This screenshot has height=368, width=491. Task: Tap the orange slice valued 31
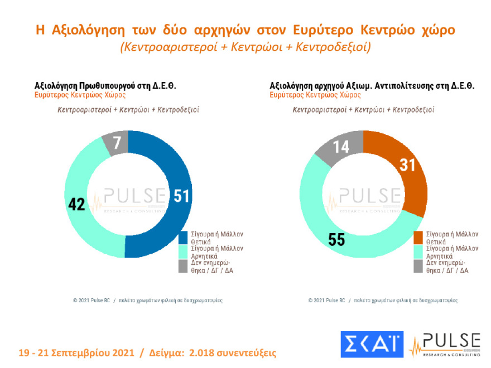(x=407, y=166)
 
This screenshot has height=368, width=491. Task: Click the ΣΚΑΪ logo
(x=372, y=345)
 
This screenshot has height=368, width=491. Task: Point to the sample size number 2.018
(x=206, y=354)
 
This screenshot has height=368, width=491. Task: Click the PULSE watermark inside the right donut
(x=369, y=196)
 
